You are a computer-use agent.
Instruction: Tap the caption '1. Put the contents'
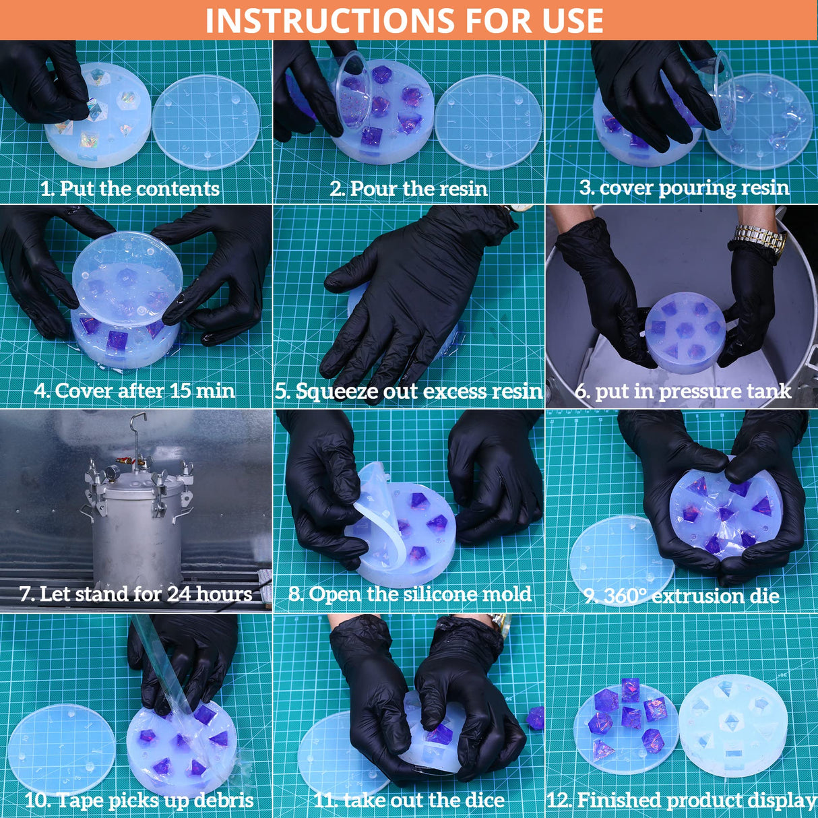(x=130, y=188)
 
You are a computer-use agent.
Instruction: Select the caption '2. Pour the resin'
(x=408, y=189)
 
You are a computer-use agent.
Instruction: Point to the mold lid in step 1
(x=206, y=122)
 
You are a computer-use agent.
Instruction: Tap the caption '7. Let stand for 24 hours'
(x=136, y=594)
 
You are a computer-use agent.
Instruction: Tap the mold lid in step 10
(x=61, y=749)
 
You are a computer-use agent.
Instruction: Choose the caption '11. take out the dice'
(x=409, y=800)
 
